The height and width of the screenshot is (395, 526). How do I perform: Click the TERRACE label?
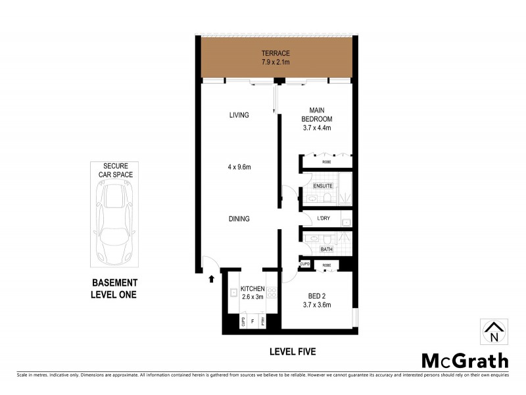(x=275, y=53)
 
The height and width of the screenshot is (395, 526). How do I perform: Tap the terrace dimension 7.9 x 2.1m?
(x=275, y=63)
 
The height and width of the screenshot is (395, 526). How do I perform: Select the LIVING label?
(x=239, y=115)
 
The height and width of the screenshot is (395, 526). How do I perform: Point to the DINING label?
(x=239, y=219)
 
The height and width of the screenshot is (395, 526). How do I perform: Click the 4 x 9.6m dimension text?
(x=239, y=167)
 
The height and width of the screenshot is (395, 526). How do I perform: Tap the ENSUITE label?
(x=323, y=186)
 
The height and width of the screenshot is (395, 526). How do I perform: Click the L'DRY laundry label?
(x=323, y=219)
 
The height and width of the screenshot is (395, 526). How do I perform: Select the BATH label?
(x=326, y=250)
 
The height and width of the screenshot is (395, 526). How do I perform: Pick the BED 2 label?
(x=316, y=295)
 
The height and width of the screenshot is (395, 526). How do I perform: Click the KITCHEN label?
(x=252, y=289)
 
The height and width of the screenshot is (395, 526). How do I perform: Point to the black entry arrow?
(x=211, y=279)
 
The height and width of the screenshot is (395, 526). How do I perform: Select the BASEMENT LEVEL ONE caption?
(x=114, y=289)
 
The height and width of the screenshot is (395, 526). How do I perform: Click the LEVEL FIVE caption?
(x=293, y=352)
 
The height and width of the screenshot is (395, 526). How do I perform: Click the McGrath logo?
(x=464, y=361)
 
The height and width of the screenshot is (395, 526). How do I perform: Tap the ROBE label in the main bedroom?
(x=326, y=161)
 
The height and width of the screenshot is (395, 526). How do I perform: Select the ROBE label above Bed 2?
(x=325, y=265)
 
